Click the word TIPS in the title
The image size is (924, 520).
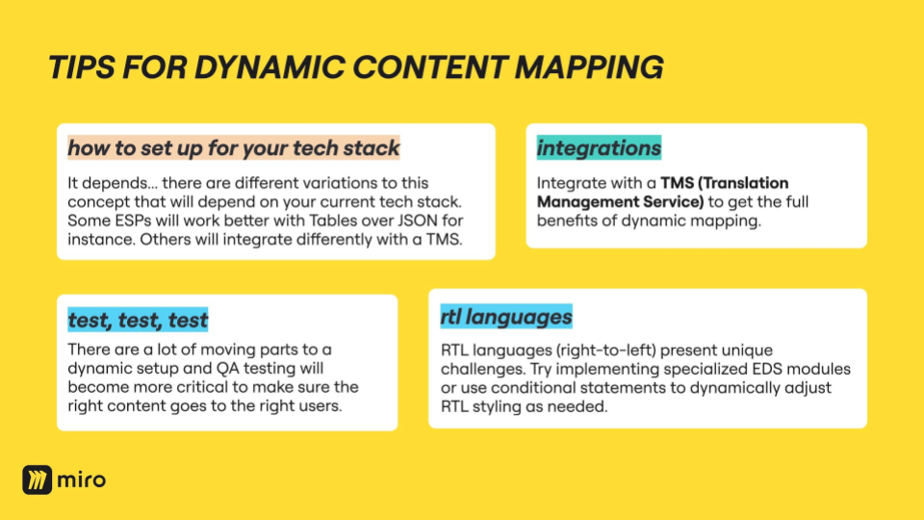pos(81,67)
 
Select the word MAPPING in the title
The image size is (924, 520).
pos(589,67)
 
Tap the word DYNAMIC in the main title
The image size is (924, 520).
pos(269,67)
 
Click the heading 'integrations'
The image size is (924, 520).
pos(599,148)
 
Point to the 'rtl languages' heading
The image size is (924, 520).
pos(506,317)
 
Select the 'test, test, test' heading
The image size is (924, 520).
pos(138,320)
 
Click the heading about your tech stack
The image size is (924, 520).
pos(233,148)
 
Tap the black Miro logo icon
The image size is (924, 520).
pos(38,480)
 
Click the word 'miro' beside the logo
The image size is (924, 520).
pos(82,480)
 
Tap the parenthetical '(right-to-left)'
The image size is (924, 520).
pos(605,351)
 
